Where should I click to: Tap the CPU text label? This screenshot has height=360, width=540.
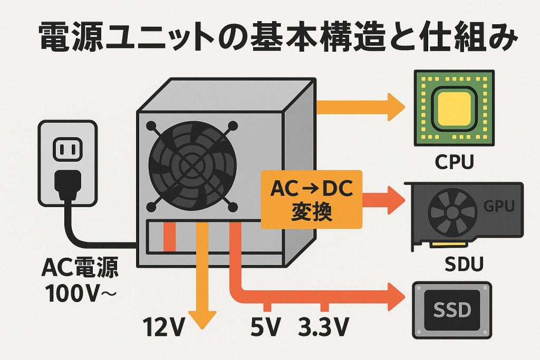(x=454, y=161)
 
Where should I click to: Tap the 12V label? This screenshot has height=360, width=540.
(x=164, y=328)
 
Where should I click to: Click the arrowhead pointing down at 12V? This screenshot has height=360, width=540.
(x=201, y=319)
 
